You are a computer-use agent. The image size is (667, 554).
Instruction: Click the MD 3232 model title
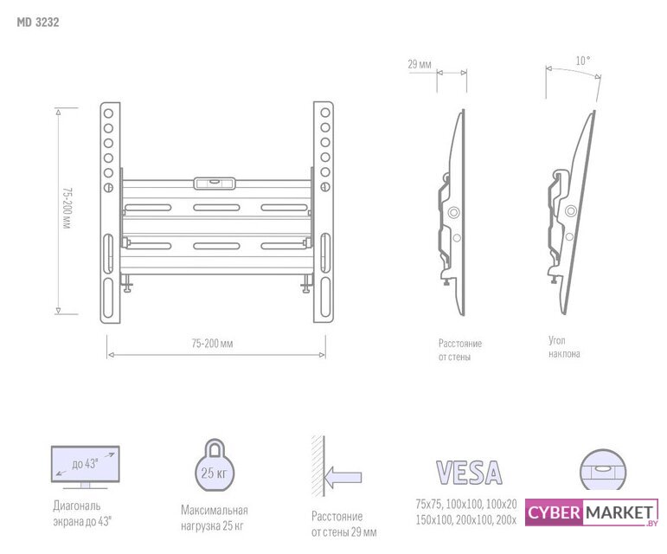[37, 23]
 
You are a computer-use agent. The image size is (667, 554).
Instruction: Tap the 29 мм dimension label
[420, 64]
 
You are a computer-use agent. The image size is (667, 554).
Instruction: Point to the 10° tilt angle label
[582, 61]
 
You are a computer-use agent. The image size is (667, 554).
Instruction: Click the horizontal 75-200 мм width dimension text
[213, 344]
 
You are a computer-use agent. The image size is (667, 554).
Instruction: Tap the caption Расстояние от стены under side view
[460, 350]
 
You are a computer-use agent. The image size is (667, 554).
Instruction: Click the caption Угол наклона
[564, 347]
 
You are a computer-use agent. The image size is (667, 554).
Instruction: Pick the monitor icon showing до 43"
[85, 466]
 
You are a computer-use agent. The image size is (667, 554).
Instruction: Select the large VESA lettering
[468, 473]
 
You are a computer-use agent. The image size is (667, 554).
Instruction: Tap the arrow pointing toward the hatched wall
[343, 476]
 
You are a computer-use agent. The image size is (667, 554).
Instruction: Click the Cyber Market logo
[591, 512]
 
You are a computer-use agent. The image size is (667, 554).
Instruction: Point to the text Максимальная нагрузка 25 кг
[214, 518]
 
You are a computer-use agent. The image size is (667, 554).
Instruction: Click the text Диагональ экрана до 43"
[83, 512]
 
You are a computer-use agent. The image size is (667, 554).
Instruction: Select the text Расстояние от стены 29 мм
[343, 524]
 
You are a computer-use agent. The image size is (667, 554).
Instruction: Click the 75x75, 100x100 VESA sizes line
[465, 504]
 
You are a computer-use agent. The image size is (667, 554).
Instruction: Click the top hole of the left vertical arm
[109, 112]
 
